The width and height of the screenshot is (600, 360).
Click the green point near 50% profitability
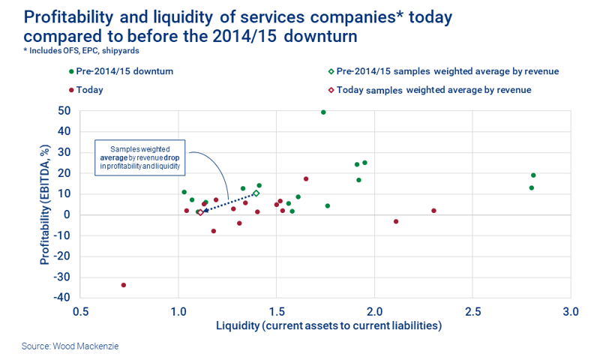[323, 112]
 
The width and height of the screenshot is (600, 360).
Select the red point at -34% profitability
[124, 285]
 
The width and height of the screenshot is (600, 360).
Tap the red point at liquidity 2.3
[433, 211]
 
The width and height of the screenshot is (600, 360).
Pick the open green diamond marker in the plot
[256, 193]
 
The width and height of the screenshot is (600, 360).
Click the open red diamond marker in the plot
[200, 212]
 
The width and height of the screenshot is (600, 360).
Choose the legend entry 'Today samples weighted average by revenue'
[428, 90]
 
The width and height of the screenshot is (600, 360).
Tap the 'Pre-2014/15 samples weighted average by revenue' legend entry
[442, 71]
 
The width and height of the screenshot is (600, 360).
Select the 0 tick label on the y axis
[67, 215]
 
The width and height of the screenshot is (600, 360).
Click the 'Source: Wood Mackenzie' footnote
[70, 346]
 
